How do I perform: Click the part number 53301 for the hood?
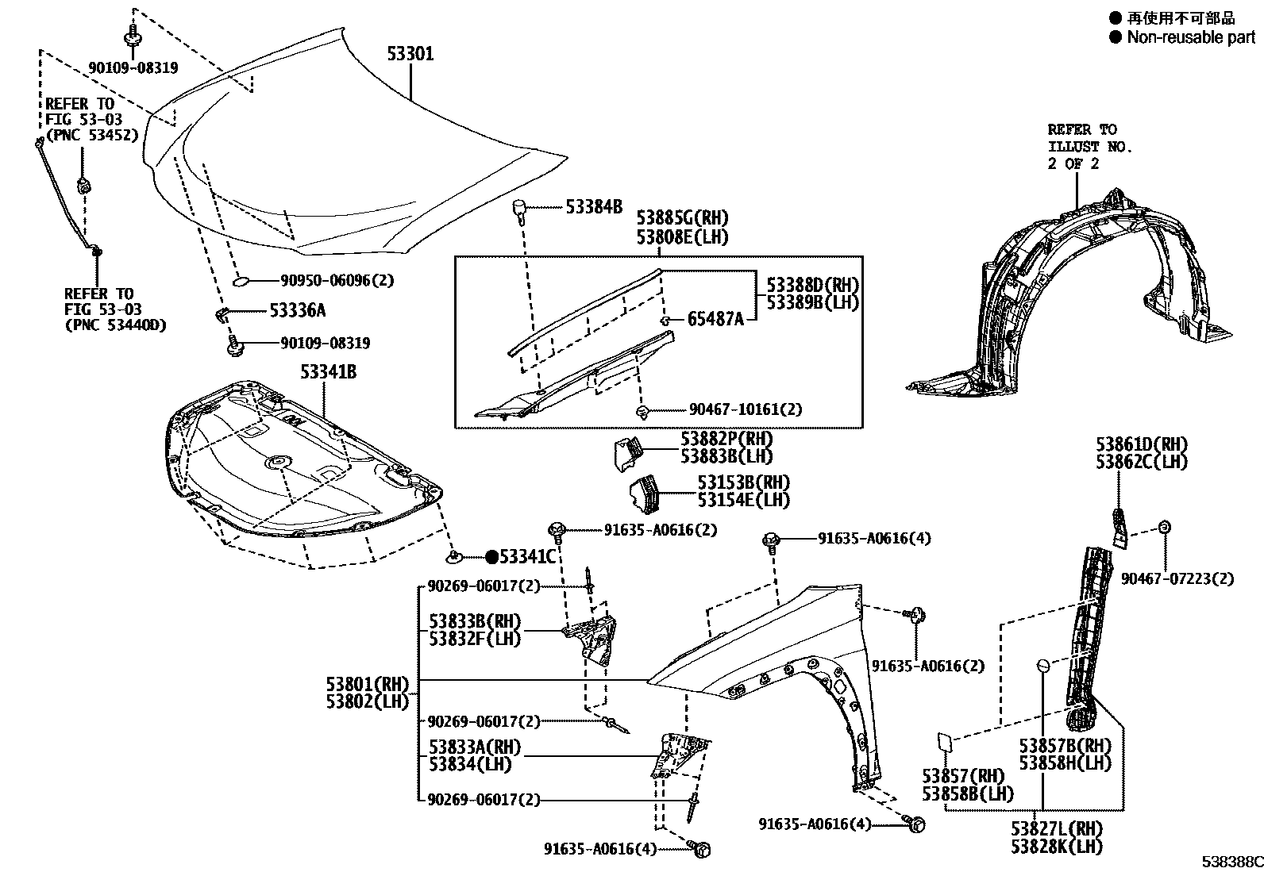[410, 54]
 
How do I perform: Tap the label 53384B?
[594, 207]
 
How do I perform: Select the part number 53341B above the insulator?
[328, 371]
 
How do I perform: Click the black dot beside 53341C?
[491, 557]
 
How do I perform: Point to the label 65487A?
[715, 320]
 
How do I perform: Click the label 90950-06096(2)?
[337, 280]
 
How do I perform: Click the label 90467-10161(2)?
[746, 409]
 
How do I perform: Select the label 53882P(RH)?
[726, 439]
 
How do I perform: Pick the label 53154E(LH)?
[744, 500]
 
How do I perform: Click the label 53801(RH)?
[367, 683]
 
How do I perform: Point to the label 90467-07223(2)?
[1177, 579]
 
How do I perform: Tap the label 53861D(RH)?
[1142, 444]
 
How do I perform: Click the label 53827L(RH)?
[1057, 829]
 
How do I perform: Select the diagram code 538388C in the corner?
[1231, 862]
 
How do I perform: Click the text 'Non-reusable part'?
[1191, 37]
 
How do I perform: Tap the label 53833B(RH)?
[475, 621]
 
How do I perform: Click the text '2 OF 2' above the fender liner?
[1074, 163]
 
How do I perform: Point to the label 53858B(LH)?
[968, 793]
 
